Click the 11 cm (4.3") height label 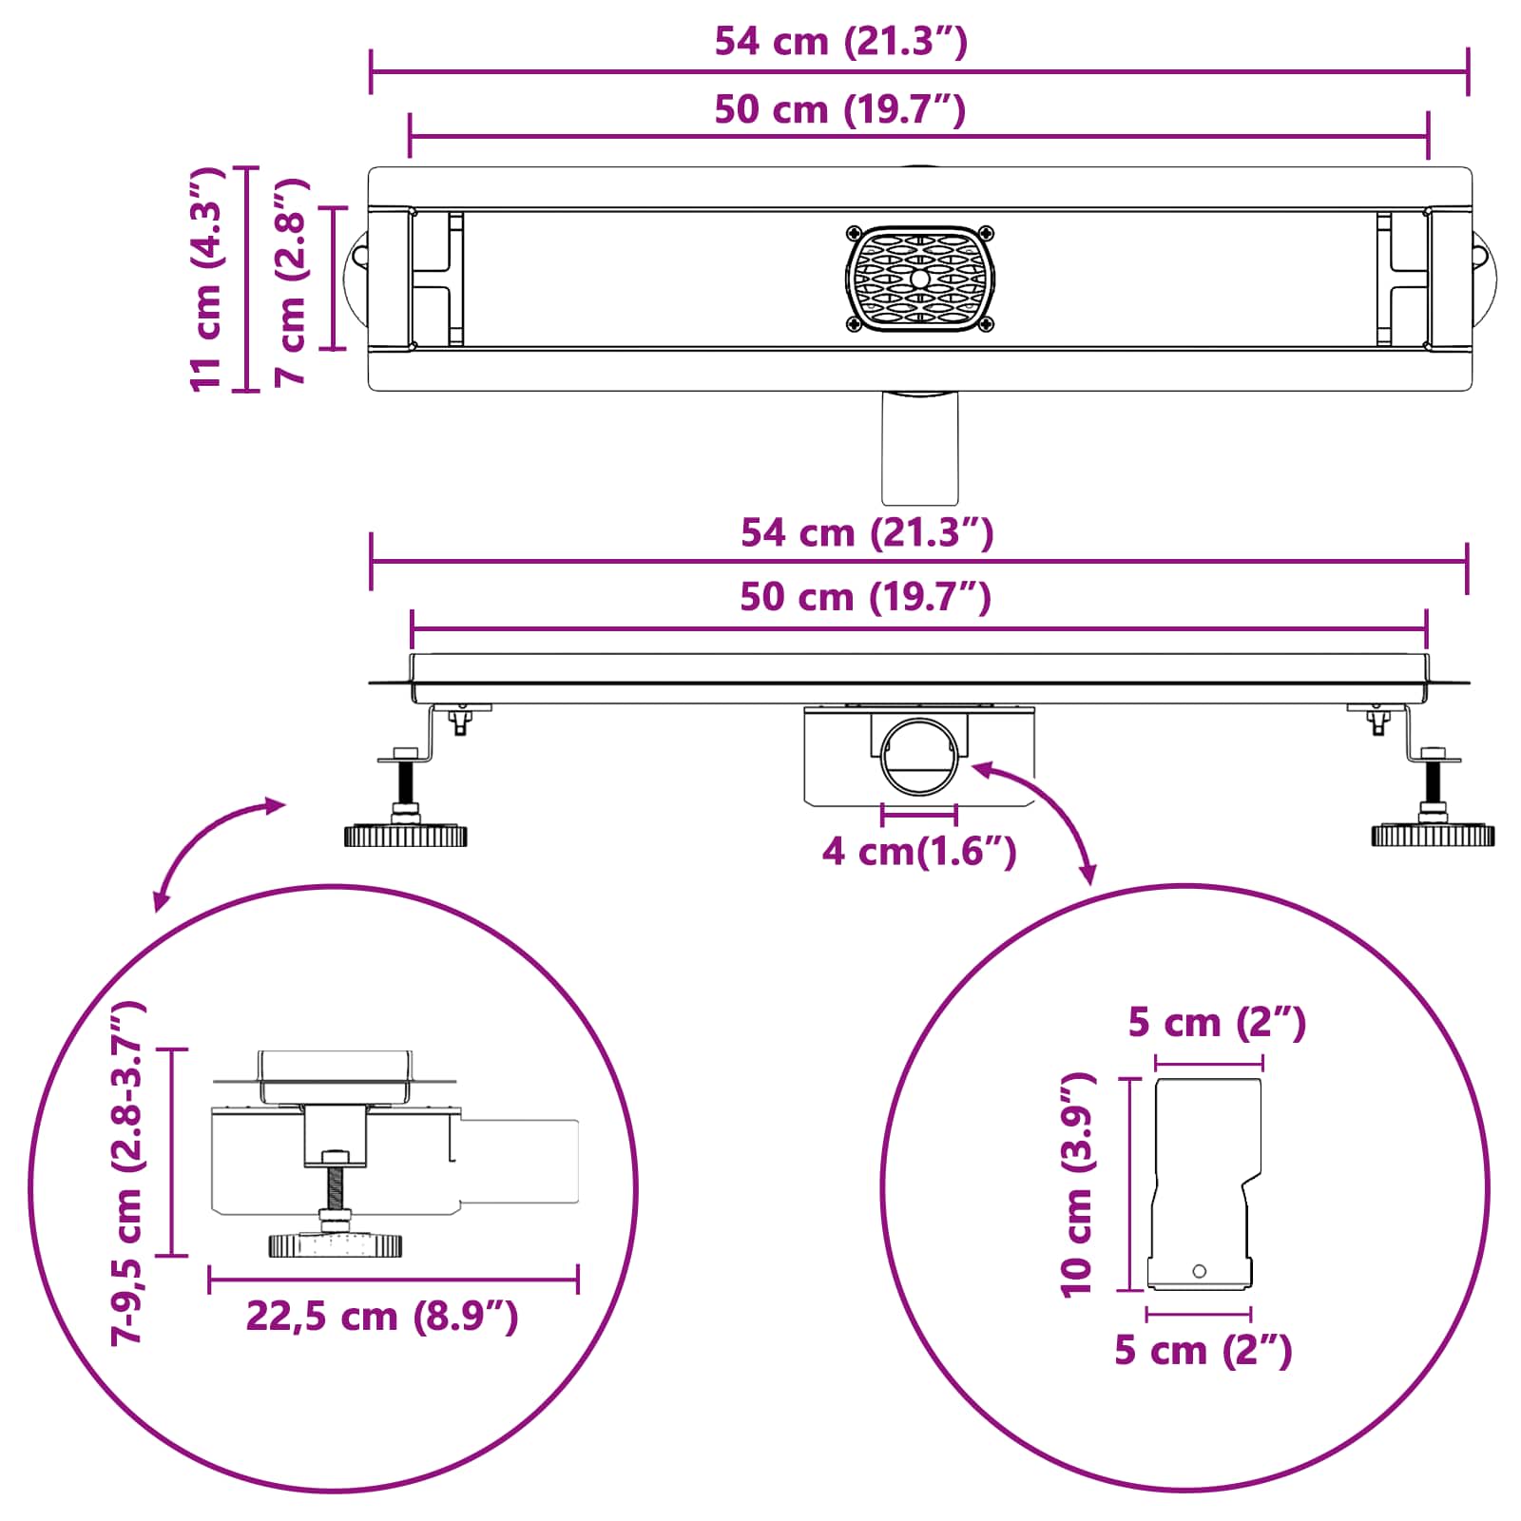pyautogui.click(x=206, y=279)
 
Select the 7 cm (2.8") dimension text pyautogui.click(x=291, y=281)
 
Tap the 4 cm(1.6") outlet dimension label pyautogui.click(x=919, y=851)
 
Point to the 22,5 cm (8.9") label pyautogui.click(x=382, y=1317)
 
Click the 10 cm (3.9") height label pyautogui.click(x=1077, y=1184)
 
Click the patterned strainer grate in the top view pyautogui.click(x=919, y=279)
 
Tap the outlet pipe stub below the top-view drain pyautogui.click(x=919, y=447)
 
